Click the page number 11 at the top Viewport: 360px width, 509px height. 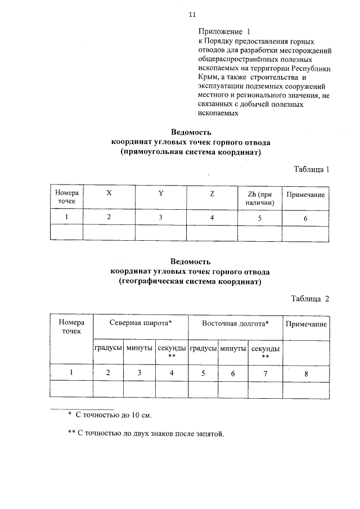coord(192,13)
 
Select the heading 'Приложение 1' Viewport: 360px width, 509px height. coord(223,32)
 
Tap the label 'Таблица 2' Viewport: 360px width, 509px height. coord(310,299)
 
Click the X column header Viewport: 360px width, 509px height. coord(109,193)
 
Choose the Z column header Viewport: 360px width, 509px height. coord(211,193)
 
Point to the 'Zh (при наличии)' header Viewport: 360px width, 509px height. coord(259,198)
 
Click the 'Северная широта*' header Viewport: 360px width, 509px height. coord(141,323)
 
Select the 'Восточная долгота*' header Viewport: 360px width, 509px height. coord(235,323)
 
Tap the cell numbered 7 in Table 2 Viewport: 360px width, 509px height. coord(265,372)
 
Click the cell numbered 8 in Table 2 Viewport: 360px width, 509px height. coord(306,372)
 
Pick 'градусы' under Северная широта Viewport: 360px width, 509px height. coord(109,348)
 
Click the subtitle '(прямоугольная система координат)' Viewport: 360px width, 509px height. coord(191,152)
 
